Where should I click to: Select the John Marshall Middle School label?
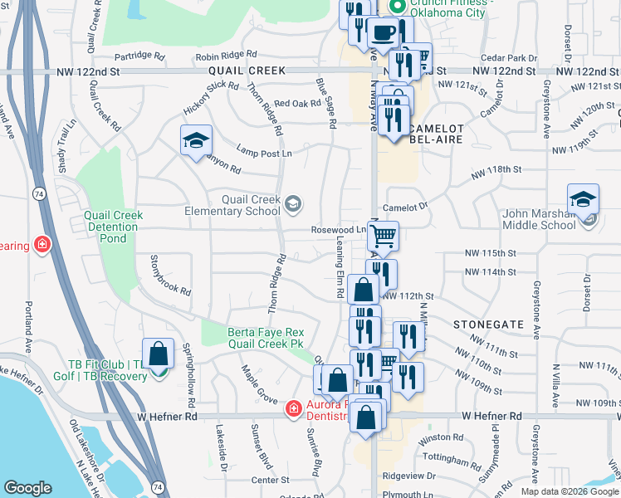click(x=539, y=219)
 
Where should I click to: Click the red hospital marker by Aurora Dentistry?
click(x=292, y=408)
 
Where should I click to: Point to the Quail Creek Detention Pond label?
click(x=113, y=227)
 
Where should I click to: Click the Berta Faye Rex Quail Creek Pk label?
click(x=266, y=337)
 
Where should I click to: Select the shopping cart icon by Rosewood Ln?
click(x=383, y=237)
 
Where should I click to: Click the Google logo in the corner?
click(x=27, y=488)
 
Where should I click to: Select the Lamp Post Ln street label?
click(x=264, y=153)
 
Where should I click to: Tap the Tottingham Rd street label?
click(x=436, y=458)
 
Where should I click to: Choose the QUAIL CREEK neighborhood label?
click(x=247, y=71)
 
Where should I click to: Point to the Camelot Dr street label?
click(x=404, y=207)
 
